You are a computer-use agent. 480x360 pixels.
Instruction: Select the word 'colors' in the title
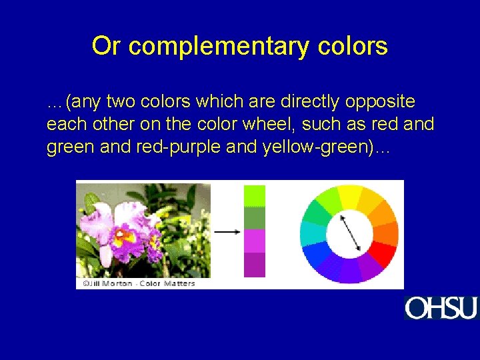click(x=353, y=46)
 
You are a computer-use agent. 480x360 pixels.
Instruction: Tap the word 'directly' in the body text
click(x=309, y=102)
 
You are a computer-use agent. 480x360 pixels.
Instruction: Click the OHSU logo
click(x=441, y=307)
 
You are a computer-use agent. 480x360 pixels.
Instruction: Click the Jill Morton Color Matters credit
click(x=139, y=283)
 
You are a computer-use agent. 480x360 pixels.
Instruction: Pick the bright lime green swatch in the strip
click(x=255, y=196)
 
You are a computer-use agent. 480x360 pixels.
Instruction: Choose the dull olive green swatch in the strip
click(x=255, y=218)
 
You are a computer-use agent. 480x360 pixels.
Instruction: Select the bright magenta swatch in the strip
click(x=255, y=241)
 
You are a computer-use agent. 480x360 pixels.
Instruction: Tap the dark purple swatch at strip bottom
click(x=255, y=265)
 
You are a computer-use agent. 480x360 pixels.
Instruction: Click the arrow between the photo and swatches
click(x=227, y=231)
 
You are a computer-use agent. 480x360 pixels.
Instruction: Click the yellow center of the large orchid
click(x=125, y=235)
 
